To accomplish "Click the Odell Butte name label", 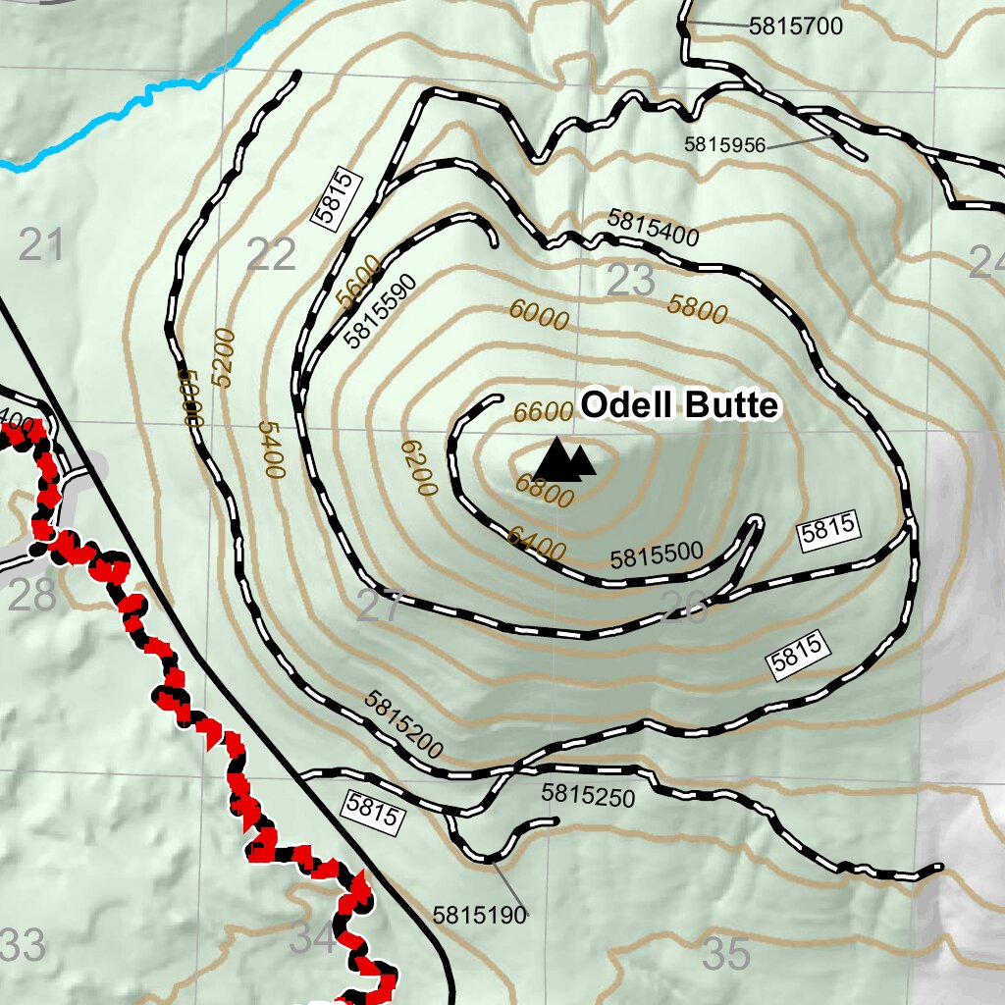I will tap(679, 405).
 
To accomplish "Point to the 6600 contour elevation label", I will tap(543, 412).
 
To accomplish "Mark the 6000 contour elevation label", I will tap(538, 316).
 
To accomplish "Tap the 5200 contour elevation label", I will tap(223, 358).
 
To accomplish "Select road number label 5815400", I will tap(653, 228).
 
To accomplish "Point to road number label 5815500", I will tap(657, 555).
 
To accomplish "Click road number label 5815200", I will tap(403, 725).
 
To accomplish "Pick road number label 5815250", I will tap(588, 795).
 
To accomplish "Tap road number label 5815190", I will tap(479, 915).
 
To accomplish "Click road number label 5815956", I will tap(724, 144).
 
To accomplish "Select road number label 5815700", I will tap(795, 26).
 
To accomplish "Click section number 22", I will tap(271, 255).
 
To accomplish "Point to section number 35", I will tap(727, 953).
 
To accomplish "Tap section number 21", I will tap(40, 244).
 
